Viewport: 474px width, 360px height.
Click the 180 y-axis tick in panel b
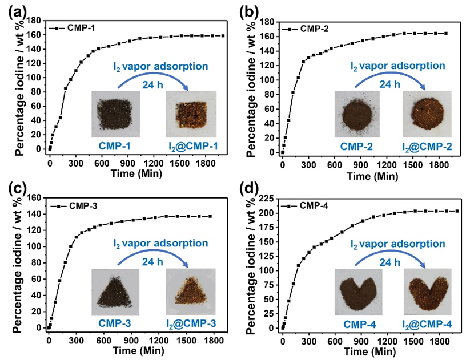(268, 22)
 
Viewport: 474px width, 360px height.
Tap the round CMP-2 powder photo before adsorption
(358, 113)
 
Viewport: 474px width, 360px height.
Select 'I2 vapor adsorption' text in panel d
(399, 244)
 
